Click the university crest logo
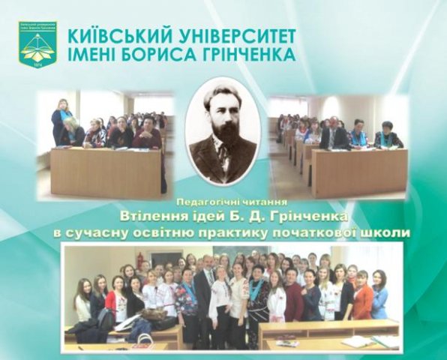[x=38, y=46]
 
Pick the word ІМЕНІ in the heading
[x=91, y=54]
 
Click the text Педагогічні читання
[x=232, y=203]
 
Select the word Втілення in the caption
[x=144, y=217]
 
